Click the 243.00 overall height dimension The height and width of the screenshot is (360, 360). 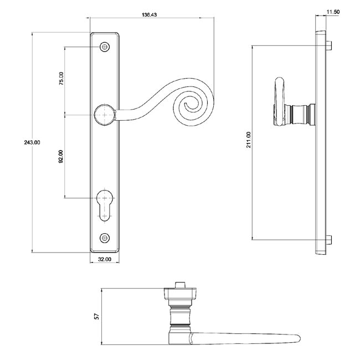point(22,142)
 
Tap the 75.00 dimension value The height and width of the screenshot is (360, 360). point(61,79)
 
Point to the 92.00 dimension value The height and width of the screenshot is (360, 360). point(61,157)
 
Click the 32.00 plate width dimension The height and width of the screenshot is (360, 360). point(104,259)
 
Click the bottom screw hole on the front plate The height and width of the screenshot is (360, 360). point(105,238)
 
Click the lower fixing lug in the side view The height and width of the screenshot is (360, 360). point(330,240)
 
